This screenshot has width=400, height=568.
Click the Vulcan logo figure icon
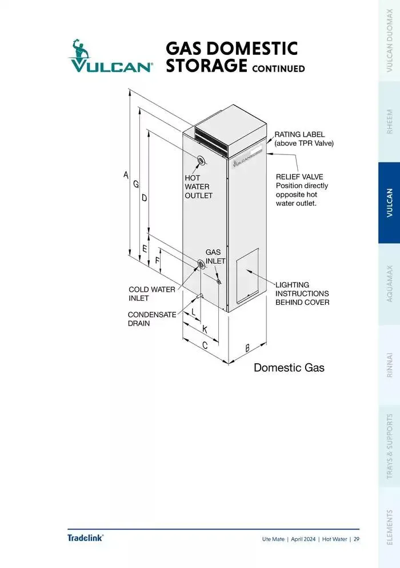point(81,50)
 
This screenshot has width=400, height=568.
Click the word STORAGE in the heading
point(206,66)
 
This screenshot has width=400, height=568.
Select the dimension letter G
point(136,184)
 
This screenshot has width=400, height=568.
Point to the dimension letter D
point(144,198)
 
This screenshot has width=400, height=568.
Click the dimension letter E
point(145,249)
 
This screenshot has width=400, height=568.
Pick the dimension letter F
point(157,261)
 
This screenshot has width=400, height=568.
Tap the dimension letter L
point(194,312)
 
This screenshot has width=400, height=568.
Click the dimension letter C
point(204,345)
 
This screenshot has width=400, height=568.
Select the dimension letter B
point(247,347)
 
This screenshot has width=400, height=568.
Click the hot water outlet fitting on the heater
point(200,160)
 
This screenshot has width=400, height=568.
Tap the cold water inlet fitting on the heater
point(201,264)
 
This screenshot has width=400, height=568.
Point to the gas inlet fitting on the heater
point(219,280)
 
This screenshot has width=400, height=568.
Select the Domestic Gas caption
point(289,368)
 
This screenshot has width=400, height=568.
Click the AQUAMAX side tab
point(390,284)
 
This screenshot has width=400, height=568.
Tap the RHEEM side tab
point(390,122)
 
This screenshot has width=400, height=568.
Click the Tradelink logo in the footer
point(85,538)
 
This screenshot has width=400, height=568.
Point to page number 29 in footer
point(356,539)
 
